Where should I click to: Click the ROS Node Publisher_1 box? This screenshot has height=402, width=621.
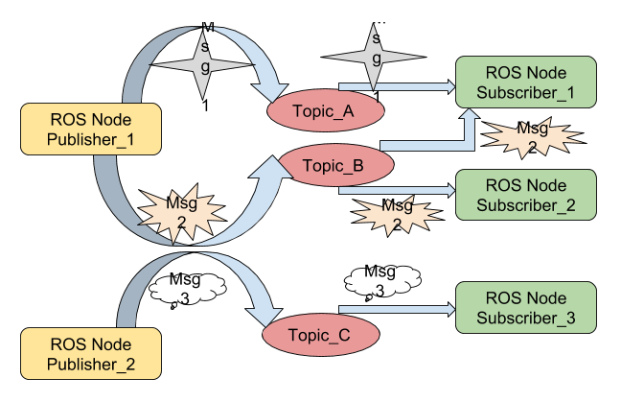click(x=91, y=131)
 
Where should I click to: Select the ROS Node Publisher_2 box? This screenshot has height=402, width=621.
click(x=91, y=352)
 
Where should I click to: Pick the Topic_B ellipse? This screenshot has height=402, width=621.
click(x=333, y=166)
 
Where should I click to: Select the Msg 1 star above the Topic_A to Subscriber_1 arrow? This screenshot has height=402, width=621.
click(x=377, y=58)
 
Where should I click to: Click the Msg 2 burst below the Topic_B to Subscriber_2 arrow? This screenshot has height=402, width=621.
click(x=397, y=213)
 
